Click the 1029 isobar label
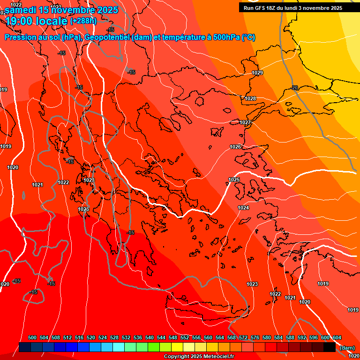pos(257,73)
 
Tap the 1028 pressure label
pos(250,98)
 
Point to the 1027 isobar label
pos(245,122)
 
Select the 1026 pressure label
pos(235,147)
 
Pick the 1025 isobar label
pos(234,180)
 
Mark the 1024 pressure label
pos(243,208)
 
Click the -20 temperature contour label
pos(294,88)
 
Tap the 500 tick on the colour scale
pos(32,337)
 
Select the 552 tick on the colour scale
pos(185,337)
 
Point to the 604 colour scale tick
pos(337,337)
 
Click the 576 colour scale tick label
pos(255,337)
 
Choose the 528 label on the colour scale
pos(114,337)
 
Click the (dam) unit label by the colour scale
pos(347,348)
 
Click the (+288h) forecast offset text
pos(83,21)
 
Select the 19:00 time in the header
pos(19,21)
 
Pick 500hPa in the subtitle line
pos(226,37)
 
